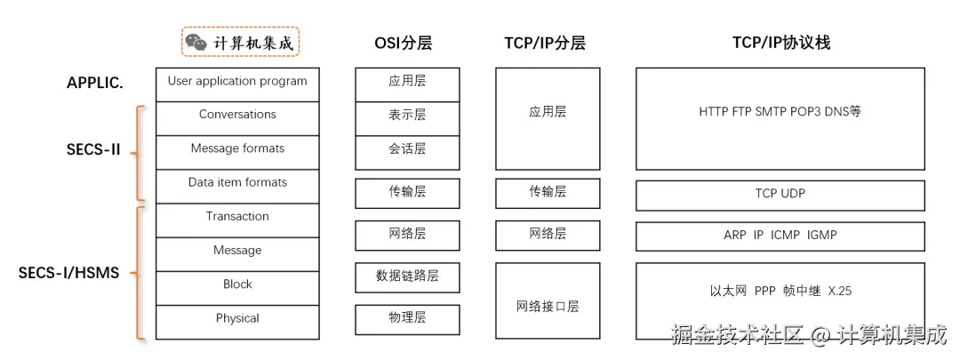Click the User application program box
(x=237, y=82)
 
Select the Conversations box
(x=237, y=116)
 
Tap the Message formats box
(x=237, y=149)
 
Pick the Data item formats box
(x=237, y=183)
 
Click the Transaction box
(x=237, y=217)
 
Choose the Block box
(x=237, y=285)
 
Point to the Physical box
(x=237, y=319)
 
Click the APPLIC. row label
(x=95, y=83)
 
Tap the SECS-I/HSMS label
(x=68, y=273)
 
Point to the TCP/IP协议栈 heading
(x=780, y=43)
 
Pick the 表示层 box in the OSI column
(x=407, y=116)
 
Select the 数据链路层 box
(x=407, y=276)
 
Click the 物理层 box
(x=407, y=318)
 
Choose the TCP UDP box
(x=780, y=194)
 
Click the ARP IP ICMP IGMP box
(x=780, y=236)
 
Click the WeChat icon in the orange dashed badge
(x=196, y=42)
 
